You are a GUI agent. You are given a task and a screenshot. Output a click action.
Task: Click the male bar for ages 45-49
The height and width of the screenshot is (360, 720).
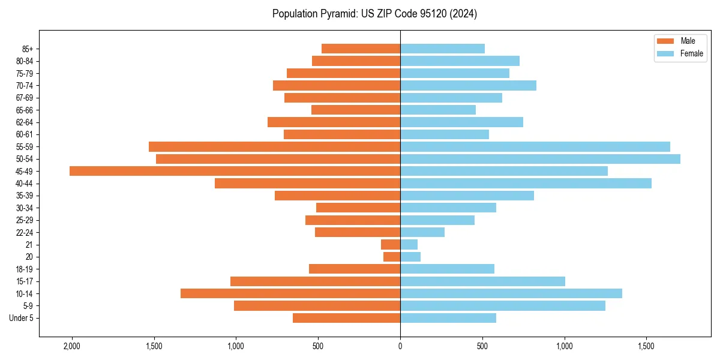point(235,171)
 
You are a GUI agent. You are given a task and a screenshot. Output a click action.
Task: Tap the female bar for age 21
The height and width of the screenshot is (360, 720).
point(409,244)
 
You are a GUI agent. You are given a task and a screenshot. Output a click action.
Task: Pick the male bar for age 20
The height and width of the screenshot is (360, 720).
point(392,257)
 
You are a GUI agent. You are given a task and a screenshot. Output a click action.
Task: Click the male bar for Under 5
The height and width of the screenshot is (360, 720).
point(346,318)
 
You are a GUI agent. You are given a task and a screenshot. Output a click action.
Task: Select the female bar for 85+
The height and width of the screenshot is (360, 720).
point(442,49)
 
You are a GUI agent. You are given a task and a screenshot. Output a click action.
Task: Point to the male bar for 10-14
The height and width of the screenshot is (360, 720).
point(290,293)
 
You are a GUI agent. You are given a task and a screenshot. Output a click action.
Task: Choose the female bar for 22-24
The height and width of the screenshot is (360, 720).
point(422,232)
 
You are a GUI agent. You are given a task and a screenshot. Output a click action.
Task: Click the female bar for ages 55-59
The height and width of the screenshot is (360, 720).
point(535,146)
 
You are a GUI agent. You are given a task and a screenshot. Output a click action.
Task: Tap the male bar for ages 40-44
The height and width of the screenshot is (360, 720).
point(307,183)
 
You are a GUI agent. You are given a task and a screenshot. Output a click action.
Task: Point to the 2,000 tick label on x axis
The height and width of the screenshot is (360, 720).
point(71,347)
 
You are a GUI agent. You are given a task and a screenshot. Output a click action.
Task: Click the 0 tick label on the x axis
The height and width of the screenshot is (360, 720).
point(400,347)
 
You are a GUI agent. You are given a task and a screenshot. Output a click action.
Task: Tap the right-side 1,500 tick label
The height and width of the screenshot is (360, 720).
point(646,347)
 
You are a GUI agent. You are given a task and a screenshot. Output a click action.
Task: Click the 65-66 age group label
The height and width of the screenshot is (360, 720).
point(25,110)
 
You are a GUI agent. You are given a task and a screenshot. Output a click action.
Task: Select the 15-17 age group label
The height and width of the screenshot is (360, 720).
point(25,281)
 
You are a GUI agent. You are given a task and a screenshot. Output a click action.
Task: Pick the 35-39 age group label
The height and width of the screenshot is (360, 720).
point(25,196)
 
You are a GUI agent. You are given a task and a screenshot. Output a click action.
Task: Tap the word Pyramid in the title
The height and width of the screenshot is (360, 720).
point(338,14)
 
